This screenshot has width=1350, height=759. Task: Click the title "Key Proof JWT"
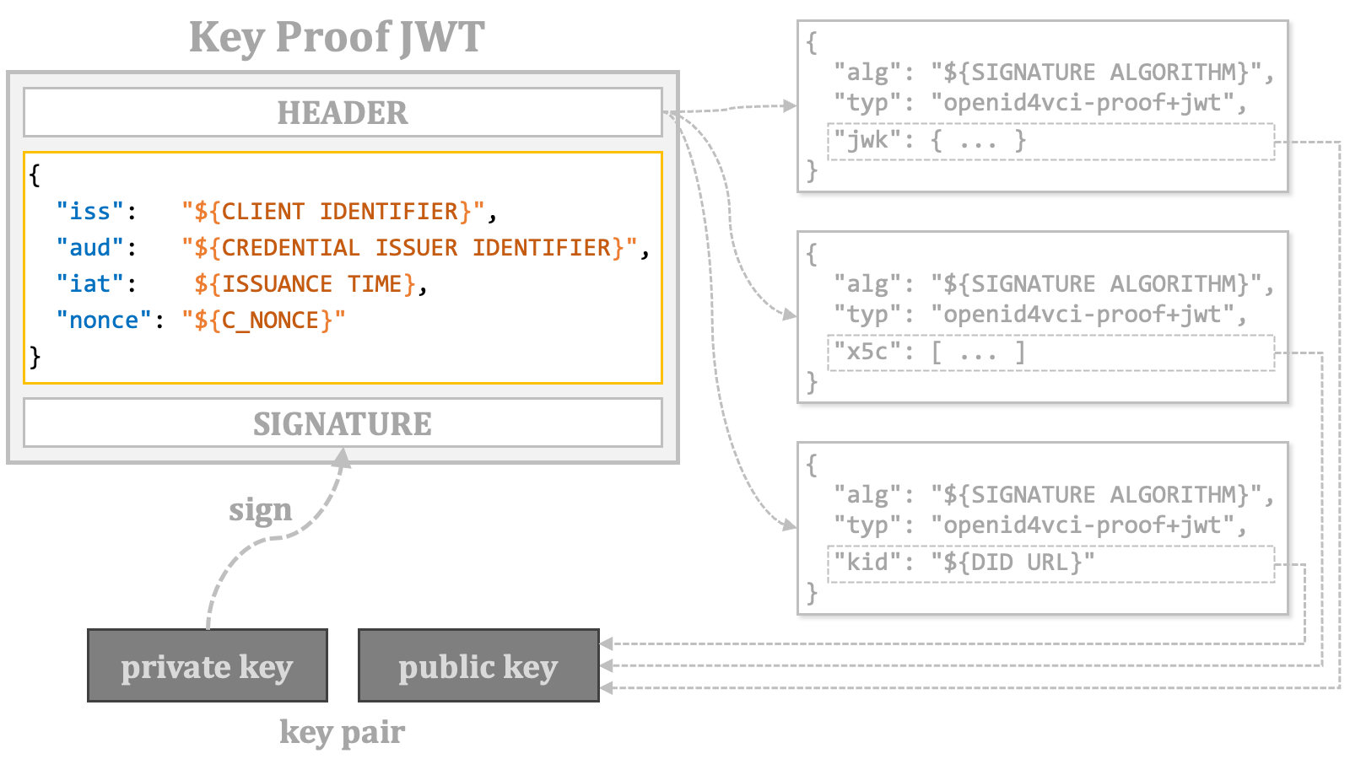(x=337, y=37)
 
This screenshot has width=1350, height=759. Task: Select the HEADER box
(x=343, y=113)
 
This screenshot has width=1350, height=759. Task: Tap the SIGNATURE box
(x=343, y=423)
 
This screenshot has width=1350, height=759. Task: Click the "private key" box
(x=208, y=665)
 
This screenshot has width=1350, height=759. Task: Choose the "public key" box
(x=478, y=665)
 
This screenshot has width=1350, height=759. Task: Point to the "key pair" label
(x=343, y=733)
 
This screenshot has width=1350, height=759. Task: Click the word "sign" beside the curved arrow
(x=261, y=511)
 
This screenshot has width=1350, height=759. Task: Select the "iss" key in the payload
(x=89, y=212)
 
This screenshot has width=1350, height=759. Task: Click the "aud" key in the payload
(x=89, y=248)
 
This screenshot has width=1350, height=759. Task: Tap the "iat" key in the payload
(x=89, y=283)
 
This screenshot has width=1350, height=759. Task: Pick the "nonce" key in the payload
(x=104, y=320)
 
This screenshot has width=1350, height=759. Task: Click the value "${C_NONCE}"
(x=264, y=320)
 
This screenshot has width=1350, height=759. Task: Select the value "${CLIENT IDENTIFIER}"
(x=333, y=212)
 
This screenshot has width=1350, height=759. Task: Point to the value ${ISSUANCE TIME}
(x=305, y=284)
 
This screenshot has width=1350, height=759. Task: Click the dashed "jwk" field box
(x=1051, y=142)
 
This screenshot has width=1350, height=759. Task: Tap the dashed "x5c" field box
(x=1051, y=353)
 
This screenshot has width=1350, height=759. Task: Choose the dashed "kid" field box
(x=1051, y=564)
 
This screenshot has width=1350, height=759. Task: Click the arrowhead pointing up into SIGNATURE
(x=343, y=457)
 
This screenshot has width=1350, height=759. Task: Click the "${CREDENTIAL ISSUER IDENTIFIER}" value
(x=410, y=248)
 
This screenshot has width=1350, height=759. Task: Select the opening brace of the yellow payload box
(x=35, y=175)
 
